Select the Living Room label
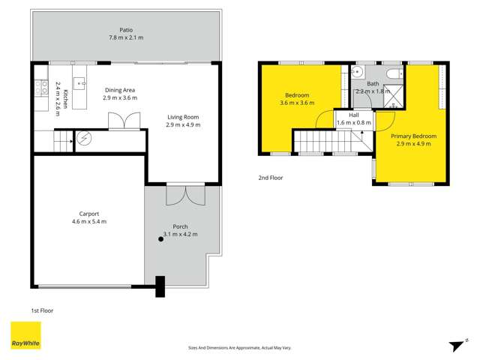(x=183, y=116)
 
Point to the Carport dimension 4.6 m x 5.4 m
(x=88, y=221)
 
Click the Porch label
(x=180, y=226)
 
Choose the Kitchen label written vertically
(x=66, y=99)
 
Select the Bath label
(x=373, y=83)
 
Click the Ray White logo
(x=25, y=335)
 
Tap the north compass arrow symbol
(x=454, y=344)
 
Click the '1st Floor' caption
(x=42, y=310)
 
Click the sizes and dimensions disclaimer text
(x=240, y=347)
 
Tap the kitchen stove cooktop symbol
(x=39, y=85)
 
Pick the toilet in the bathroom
(x=394, y=73)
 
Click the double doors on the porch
(x=184, y=195)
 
